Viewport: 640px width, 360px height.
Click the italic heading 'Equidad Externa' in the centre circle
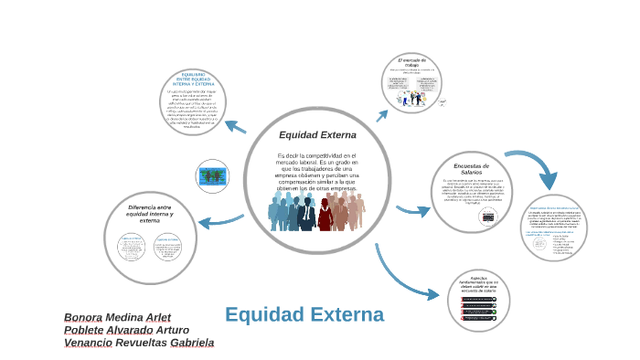pyautogui.click(x=311, y=135)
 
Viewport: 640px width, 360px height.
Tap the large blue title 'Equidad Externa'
pyautogui.click(x=304, y=315)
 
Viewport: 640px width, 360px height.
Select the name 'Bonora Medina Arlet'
pyautogui.click(x=117, y=317)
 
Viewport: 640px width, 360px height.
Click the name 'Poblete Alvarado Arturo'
pyautogui.click(x=126, y=330)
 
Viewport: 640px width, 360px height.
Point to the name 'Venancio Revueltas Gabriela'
pyautogui.click(x=138, y=343)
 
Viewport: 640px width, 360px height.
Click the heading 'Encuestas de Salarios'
pyautogui.click(x=472, y=168)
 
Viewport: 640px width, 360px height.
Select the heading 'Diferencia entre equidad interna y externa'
pyautogui.click(x=150, y=214)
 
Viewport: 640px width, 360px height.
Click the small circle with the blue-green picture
pyautogui.click(x=213, y=175)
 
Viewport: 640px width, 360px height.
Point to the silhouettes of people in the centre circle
pyautogui.click(x=315, y=211)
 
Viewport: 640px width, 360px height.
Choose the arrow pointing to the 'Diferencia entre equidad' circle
pyautogui.click(x=220, y=220)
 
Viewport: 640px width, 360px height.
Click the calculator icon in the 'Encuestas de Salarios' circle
pyautogui.click(x=488, y=217)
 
